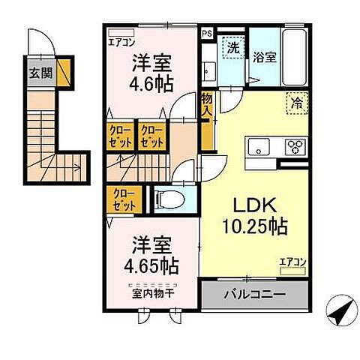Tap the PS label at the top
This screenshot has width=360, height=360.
[x=207, y=33]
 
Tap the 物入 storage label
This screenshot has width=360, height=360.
[x=206, y=106]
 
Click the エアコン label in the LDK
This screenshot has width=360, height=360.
[x=292, y=262]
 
